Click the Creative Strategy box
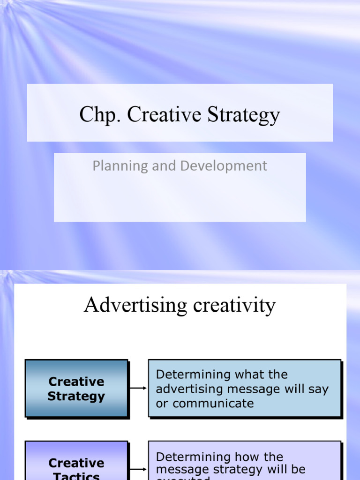click(x=76, y=389)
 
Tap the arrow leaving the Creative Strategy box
click(x=138, y=388)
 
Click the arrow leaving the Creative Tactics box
click(x=138, y=469)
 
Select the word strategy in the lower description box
click(x=240, y=469)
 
